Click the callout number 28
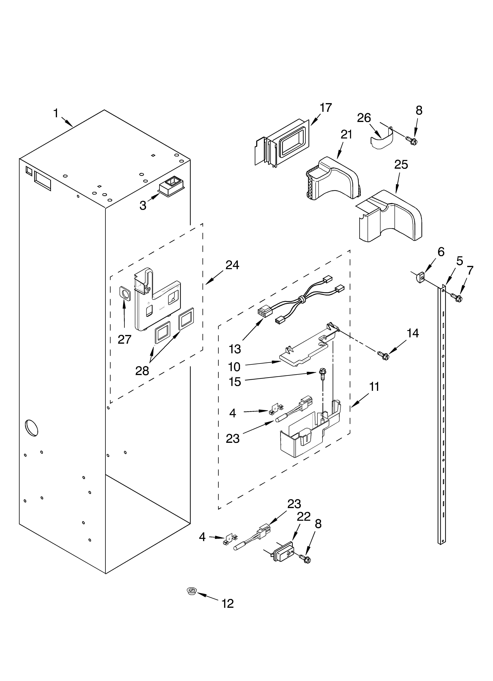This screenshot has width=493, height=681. (142, 371)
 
